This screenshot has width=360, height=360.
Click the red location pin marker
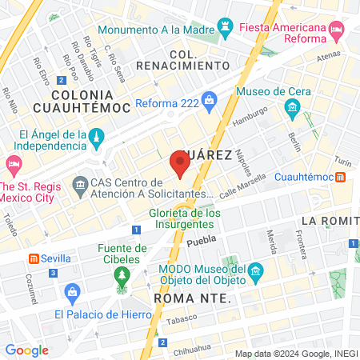180,164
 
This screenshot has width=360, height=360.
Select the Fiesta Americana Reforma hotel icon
337,32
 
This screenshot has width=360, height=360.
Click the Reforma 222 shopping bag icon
210,101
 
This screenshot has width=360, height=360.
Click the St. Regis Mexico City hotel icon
13,164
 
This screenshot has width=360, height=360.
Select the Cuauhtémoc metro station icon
340,177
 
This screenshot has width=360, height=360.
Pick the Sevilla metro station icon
34,258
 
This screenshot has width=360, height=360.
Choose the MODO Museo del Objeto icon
255,271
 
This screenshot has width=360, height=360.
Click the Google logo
26,350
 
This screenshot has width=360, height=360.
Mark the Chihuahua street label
190,349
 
